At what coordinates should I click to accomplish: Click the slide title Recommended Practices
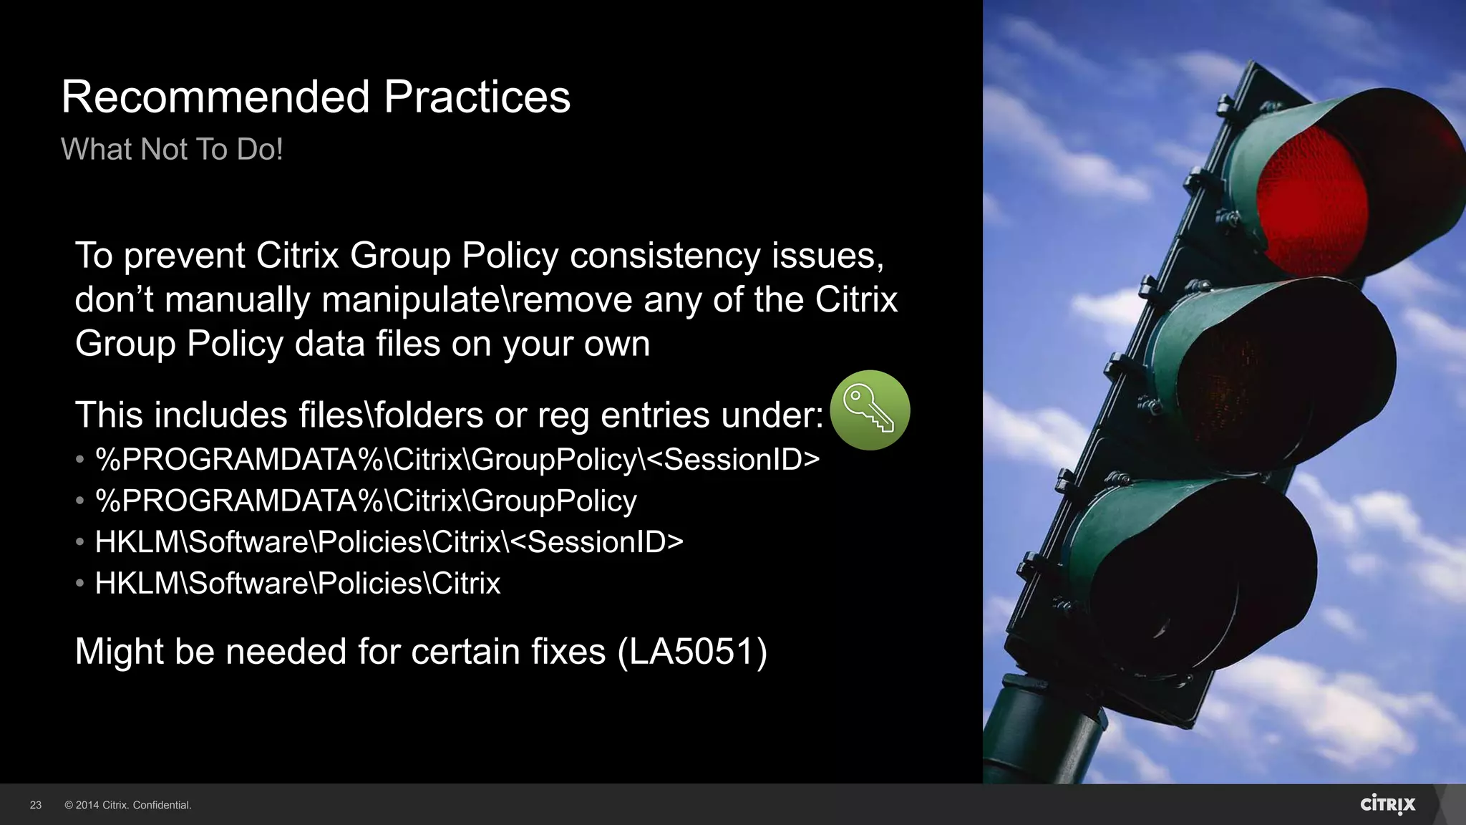click(316, 97)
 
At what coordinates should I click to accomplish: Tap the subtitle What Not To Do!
click(172, 150)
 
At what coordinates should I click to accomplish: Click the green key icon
click(870, 410)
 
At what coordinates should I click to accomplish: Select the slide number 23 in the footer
click(36, 806)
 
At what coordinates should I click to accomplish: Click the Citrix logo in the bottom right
click(1387, 804)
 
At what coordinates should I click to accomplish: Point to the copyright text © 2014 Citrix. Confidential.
click(128, 806)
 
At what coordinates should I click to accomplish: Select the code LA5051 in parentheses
click(692, 652)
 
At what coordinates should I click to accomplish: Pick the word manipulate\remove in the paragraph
click(477, 300)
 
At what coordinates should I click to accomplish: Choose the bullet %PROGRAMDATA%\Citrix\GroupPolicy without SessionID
click(365, 501)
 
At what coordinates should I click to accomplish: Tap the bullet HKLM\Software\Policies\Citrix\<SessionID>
click(389, 542)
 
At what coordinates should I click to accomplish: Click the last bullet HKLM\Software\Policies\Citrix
click(297, 584)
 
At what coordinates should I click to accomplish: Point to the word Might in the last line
click(119, 652)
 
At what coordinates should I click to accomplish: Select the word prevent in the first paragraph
click(184, 256)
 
